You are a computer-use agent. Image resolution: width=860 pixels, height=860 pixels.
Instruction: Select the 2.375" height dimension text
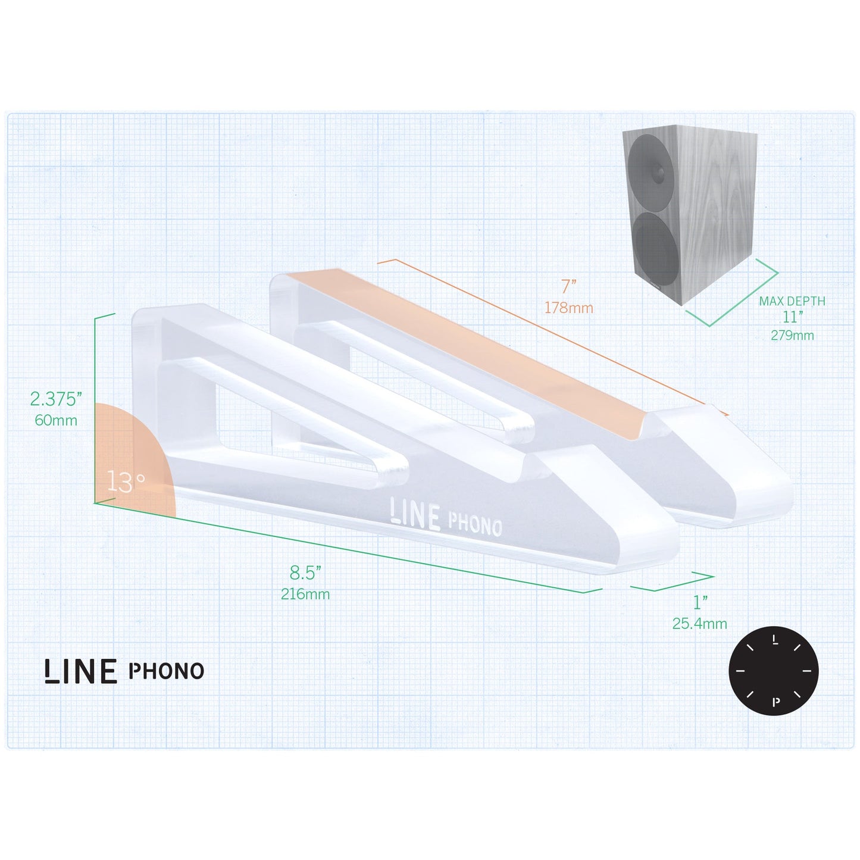pyautogui.click(x=54, y=398)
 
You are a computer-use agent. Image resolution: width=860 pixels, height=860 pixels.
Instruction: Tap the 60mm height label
pyautogui.click(x=56, y=420)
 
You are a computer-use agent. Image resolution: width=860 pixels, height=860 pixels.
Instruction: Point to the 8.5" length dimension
pyautogui.click(x=305, y=573)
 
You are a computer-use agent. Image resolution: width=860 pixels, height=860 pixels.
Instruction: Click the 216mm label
pyautogui.click(x=305, y=594)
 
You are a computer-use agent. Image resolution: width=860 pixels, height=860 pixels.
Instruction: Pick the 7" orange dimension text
pyautogui.click(x=569, y=287)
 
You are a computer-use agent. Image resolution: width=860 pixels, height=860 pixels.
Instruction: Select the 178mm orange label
pyautogui.click(x=568, y=308)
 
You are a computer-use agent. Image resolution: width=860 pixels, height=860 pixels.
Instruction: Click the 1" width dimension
pyautogui.click(x=700, y=602)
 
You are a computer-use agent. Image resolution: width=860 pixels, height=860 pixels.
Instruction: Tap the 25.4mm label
pyautogui.click(x=700, y=624)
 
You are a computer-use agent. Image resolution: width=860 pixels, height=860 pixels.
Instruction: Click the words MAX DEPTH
pyautogui.click(x=792, y=301)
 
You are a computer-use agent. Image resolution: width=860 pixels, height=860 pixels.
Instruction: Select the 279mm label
pyautogui.click(x=792, y=336)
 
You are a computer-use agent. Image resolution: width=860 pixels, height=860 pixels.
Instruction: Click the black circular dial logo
pyautogui.click(x=773, y=671)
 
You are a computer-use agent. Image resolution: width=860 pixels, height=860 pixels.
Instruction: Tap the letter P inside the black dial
pyautogui.click(x=775, y=702)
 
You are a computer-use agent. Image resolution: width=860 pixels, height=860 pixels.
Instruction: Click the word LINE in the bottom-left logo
pyautogui.click(x=80, y=671)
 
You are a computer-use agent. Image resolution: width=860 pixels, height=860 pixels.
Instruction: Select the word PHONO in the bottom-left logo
pyautogui.click(x=166, y=671)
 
